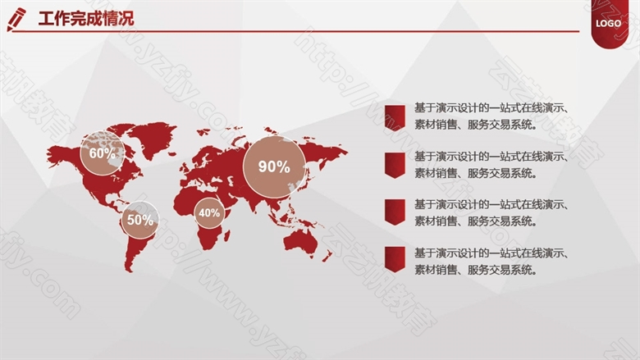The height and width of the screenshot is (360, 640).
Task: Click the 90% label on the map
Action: pyautogui.click(x=274, y=166)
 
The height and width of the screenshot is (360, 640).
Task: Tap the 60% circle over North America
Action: pyautogui.click(x=102, y=153)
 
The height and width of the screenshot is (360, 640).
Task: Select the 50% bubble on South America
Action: pyautogui.click(x=140, y=220)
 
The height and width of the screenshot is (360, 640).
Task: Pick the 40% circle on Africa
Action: pyautogui.click(x=209, y=212)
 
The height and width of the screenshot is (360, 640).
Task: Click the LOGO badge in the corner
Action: pyautogui.click(x=608, y=24)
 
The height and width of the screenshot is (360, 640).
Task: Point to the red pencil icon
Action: pyautogui.click(x=16, y=20)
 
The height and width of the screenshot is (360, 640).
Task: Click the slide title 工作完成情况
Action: pyautogui.click(x=86, y=19)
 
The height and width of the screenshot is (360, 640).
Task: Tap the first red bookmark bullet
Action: pyautogui.click(x=395, y=117)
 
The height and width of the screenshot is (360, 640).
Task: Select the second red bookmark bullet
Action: pyautogui.click(x=395, y=166)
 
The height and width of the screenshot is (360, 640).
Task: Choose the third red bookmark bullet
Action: pyautogui.click(x=395, y=212)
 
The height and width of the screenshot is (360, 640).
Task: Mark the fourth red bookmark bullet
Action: pyautogui.click(x=395, y=259)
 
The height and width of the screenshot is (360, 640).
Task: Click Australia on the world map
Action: pyautogui.click(x=301, y=243)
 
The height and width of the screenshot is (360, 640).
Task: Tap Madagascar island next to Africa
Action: pyautogui.click(x=226, y=235)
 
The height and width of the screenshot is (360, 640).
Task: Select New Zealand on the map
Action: pyautogui.click(x=327, y=256)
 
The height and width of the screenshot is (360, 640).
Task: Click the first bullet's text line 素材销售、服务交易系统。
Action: pyautogui.click(x=476, y=125)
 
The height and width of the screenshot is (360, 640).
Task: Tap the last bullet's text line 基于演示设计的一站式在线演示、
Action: pyautogui.click(x=491, y=253)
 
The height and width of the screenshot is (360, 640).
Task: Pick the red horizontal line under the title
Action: pyautogui.click(x=295, y=31)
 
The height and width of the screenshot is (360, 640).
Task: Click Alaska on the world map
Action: pyautogui.click(x=59, y=155)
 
